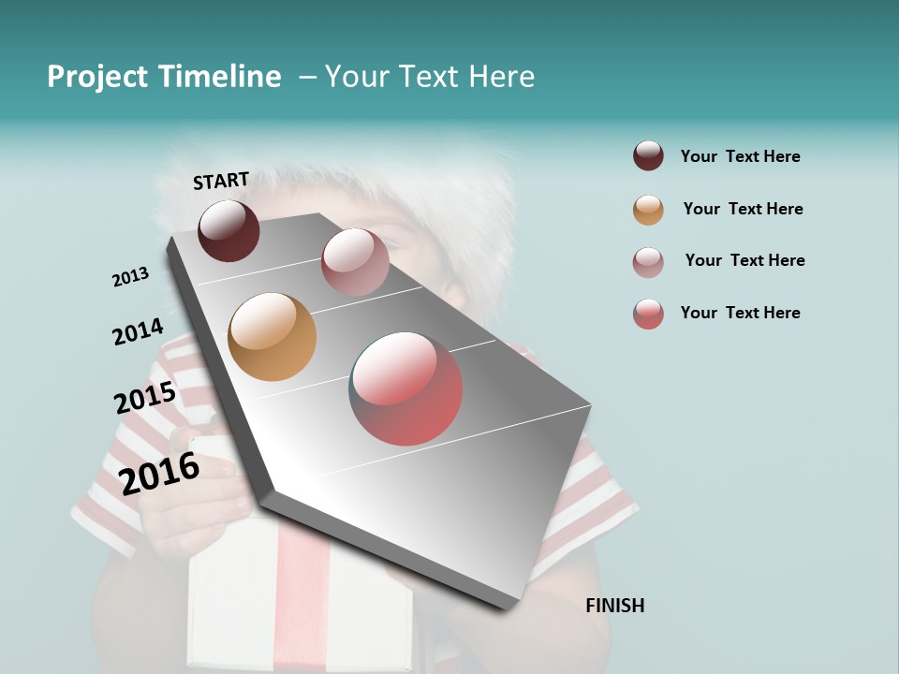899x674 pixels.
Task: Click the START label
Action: click(221, 181)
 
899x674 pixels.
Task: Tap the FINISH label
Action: click(614, 606)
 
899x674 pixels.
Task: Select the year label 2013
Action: click(130, 277)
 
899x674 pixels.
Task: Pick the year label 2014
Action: click(138, 331)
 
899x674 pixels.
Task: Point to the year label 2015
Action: click(145, 398)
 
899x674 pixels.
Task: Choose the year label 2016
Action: click(159, 473)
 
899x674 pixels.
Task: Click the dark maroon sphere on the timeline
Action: click(228, 230)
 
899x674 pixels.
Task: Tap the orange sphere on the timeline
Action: click(272, 337)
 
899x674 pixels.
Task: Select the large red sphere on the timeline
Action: click(405, 388)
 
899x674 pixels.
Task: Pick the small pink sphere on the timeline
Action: click(355, 262)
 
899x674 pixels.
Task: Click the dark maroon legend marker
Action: click(648, 155)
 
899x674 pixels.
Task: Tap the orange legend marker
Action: click(648, 210)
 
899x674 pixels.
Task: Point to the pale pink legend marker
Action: click(648, 262)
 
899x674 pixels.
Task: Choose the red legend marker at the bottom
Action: click(648, 314)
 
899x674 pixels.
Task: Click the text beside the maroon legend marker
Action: click(740, 156)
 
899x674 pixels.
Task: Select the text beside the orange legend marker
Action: click(743, 209)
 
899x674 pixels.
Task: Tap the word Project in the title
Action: click(97, 77)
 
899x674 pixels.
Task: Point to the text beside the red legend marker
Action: click(740, 313)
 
